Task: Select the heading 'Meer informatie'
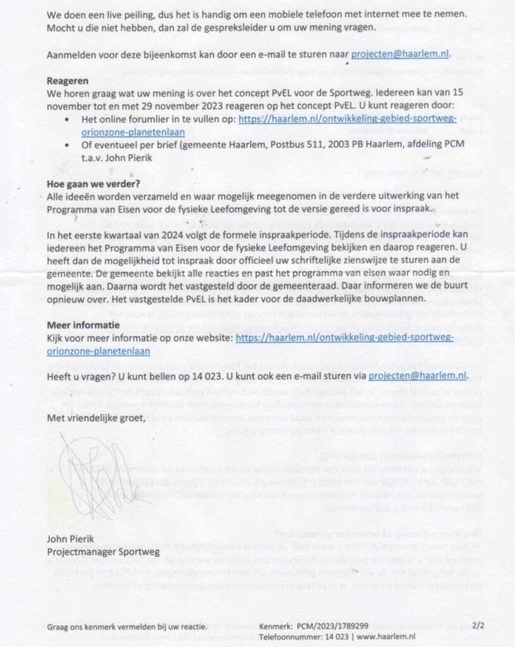[83, 325]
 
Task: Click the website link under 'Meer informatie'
[344, 338]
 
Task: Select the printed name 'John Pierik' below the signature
[70, 539]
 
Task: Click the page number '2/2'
[478, 626]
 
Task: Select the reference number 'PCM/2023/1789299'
[332, 626]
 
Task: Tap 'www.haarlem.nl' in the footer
[385, 636]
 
